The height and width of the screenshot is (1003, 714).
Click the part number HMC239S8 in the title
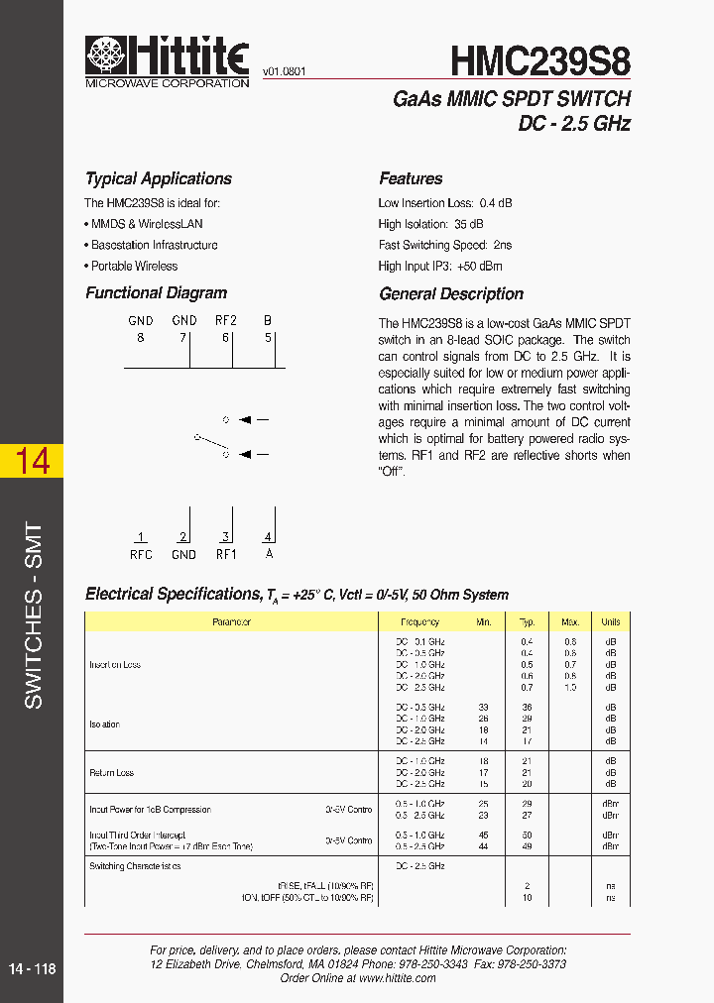540,62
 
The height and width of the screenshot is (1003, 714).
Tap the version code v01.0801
285,72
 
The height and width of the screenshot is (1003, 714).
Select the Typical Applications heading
159,178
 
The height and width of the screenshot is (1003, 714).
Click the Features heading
411,178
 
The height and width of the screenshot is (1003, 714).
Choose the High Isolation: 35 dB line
430,224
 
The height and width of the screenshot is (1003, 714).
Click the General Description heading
451,293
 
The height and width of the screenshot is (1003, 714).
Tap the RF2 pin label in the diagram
226,320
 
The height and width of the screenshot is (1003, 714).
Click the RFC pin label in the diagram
141,555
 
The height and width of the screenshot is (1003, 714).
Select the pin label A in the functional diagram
268,555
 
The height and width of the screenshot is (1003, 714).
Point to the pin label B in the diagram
267,320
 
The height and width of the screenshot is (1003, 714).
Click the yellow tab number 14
32,461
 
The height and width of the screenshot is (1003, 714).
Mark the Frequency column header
419,622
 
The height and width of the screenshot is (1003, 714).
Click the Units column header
610,622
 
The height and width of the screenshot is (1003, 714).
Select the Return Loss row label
111,772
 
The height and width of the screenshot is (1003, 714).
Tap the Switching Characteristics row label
135,866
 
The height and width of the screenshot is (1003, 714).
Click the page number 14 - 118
32,969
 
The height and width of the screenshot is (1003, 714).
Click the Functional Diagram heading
156,293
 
